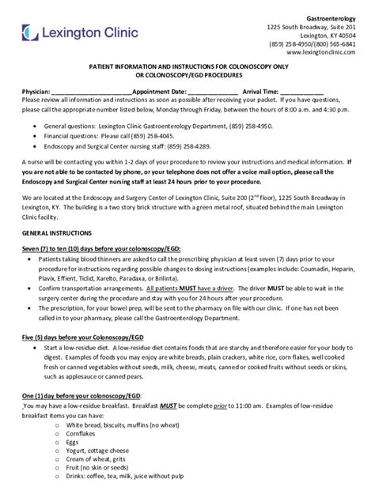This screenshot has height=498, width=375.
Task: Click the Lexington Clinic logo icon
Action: click(x=30, y=32)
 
